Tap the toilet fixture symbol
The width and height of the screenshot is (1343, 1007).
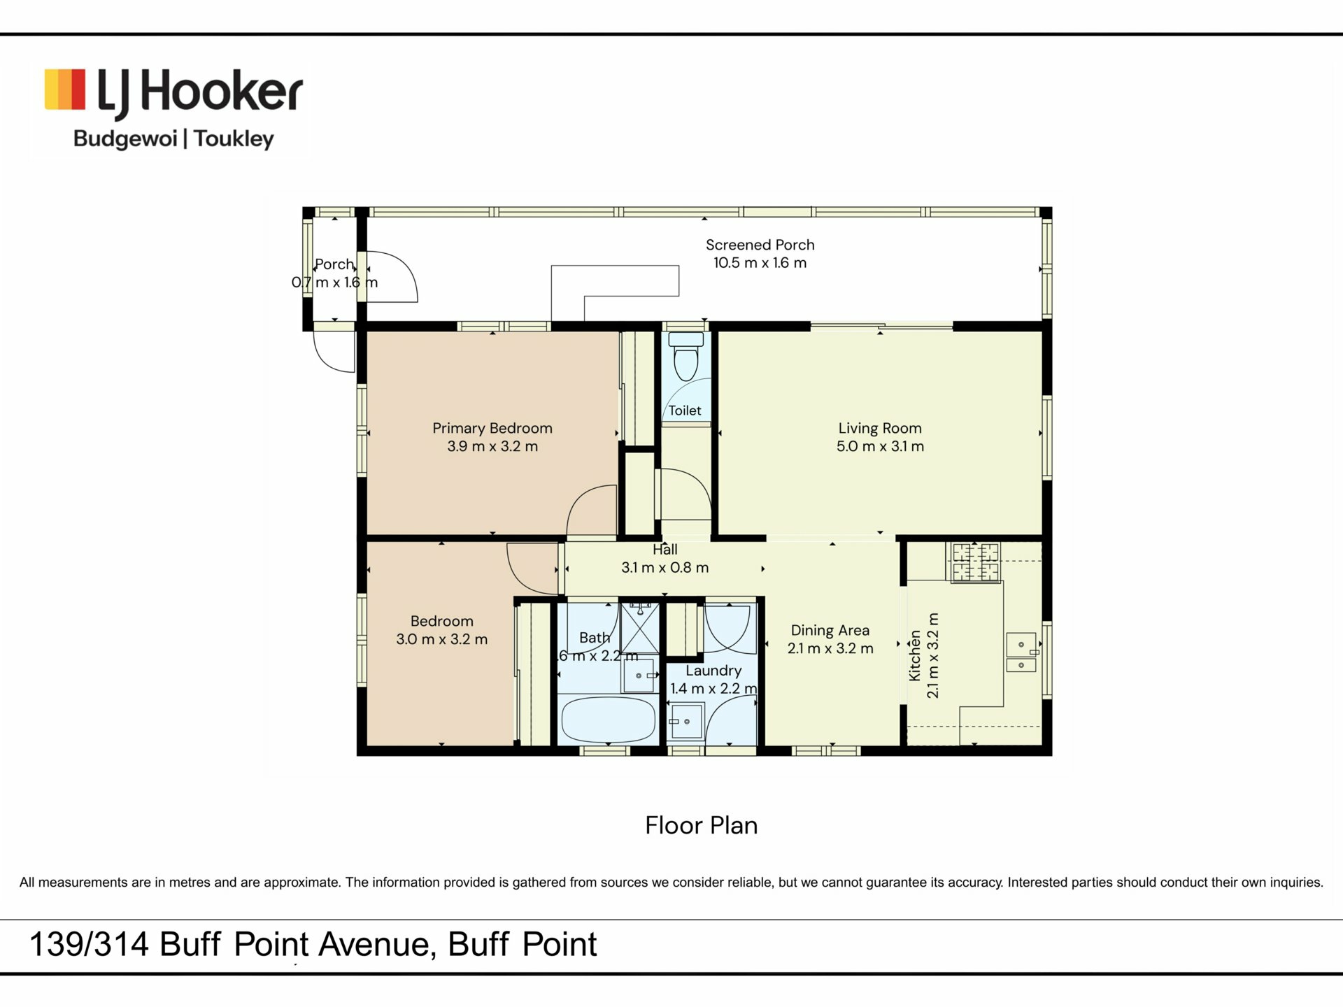click(x=685, y=357)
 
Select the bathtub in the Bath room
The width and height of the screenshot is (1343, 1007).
click(x=609, y=720)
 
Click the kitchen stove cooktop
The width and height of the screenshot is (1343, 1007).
click(x=975, y=562)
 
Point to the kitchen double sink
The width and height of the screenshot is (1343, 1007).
click(x=1021, y=652)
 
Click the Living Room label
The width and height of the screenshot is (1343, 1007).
click(x=880, y=428)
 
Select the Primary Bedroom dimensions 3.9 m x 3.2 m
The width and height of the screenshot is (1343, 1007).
click(x=492, y=446)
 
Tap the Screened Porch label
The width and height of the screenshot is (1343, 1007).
click(x=760, y=245)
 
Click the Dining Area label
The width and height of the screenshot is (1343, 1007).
click(x=830, y=630)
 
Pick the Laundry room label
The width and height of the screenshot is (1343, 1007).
click(x=713, y=671)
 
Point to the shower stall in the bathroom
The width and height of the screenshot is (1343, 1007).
click(x=640, y=628)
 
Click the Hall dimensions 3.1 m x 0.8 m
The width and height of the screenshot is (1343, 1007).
click(x=665, y=568)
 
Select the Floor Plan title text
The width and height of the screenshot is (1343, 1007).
click(x=702, y=825)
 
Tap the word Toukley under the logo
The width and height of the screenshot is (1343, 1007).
click(x=234, y=138)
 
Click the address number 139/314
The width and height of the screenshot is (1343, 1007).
click(x=89, y=944)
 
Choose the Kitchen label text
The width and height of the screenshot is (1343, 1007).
click(x=914, y=656)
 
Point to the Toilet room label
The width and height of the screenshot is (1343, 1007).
click(x=685, y=410)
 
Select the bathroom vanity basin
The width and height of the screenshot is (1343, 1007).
click(x=639, y=676)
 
